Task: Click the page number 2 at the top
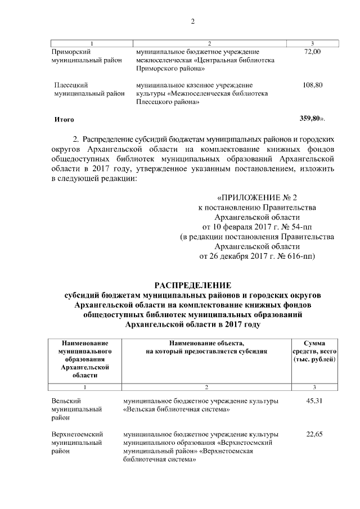coord(192,22)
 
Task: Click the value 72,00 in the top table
coord(312,52)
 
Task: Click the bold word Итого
coord(64,120)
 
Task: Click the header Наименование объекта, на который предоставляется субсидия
coord(206,346)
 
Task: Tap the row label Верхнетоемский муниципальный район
coord(76,443)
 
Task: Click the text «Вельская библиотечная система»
coord(176,409)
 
